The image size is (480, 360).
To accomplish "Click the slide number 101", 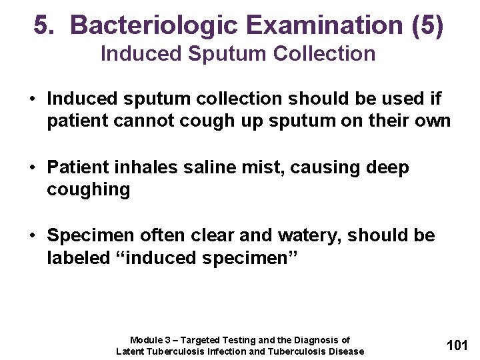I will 457,345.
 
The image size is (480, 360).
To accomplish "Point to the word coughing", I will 88,189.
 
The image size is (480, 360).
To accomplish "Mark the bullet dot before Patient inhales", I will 31,168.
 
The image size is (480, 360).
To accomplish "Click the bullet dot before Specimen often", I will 31,236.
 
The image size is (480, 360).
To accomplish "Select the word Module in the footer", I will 146,340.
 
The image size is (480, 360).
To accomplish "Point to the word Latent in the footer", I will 130,351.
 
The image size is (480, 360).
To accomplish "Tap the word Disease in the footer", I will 347,351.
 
